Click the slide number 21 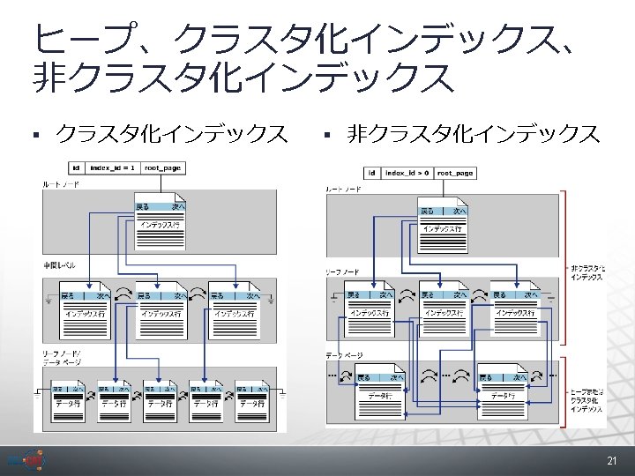(x=611, y=461)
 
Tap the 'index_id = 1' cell (x=113, y=167)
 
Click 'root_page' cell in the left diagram (x=162, y=167)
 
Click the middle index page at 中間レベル (x=160, y=309)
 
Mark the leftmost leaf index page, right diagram (x=368, y=309)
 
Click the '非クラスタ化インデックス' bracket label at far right (x=588, y=272)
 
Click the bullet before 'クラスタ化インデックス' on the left (x=36, y=135)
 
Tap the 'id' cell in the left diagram (x=77, y=167)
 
